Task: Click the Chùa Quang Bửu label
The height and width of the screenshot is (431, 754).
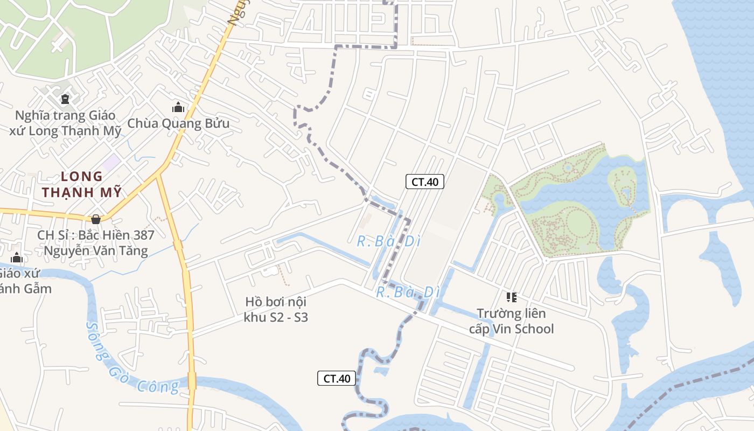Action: click(x=178, y=123)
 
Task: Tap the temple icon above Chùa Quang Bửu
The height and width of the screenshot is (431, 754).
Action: click(x=178, y=107)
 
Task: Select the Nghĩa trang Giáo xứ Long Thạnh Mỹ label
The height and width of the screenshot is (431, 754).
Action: click(x=65, y=123)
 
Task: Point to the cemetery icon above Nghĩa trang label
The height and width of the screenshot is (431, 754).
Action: click(x=65, y=99)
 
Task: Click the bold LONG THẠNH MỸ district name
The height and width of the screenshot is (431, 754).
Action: click(x=82, y=184)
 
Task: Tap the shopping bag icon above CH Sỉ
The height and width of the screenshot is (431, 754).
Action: click(x=96, y=219)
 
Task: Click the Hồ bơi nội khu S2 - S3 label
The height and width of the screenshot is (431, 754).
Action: click(x=276, y=309)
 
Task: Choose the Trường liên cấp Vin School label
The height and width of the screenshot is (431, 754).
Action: click(x=511, y=321)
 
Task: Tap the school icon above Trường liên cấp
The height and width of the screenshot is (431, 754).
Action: click(x=511, y=297)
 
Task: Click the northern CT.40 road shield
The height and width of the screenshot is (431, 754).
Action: click(x=425, y=182)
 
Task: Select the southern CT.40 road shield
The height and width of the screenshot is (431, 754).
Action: click(x=337, y=378)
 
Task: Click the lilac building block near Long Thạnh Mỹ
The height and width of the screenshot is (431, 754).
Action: click(x=112, y=162)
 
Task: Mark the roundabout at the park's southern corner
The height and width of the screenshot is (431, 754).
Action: click(x=546, y=261)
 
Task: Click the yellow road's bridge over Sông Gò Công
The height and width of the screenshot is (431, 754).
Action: click(x=192, y=380)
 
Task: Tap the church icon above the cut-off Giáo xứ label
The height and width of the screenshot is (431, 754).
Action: click(x=17, y=258)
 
